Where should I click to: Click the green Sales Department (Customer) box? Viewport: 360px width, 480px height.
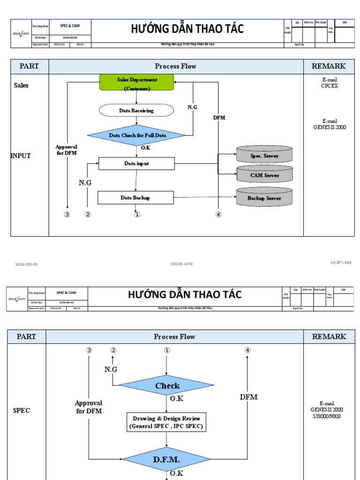click(x=136, y=82)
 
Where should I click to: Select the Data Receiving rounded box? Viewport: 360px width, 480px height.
click(x=136, y=111)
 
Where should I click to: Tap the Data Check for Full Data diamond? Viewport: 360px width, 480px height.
click(x=136, y=135)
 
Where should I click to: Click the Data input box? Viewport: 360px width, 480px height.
click(x=136, y=164)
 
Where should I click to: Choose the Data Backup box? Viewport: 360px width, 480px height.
click(x=135, y=198)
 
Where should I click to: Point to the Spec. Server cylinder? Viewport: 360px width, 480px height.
click(x=264, y=155)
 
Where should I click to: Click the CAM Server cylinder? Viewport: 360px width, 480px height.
click(x=264, y=175)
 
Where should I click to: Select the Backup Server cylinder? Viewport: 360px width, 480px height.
click(x=264, y=198)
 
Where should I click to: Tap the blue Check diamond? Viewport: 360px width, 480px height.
click(x=167, y=386)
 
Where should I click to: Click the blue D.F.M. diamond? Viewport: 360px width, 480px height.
click(x=166, y=459)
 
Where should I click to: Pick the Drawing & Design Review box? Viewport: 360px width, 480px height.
click(x=166, y=422)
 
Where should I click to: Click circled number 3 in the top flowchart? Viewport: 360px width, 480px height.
click(x=67, y=215)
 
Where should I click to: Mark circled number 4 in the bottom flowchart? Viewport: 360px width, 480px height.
click(x=247, y=350)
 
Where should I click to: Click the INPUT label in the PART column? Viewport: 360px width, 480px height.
click(x=21, y=156)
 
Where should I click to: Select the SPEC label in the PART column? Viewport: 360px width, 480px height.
click(x=22, y=410)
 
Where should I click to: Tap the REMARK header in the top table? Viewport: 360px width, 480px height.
click(x=329, y=66)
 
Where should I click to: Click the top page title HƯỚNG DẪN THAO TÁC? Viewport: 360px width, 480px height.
click(x=187, y=29)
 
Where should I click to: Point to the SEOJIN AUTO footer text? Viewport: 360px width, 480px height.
click(x=181, y=264)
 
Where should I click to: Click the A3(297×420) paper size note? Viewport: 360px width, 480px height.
click(x=341, y=263)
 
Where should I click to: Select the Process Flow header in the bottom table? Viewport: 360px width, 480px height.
click(x=174, y=337)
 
